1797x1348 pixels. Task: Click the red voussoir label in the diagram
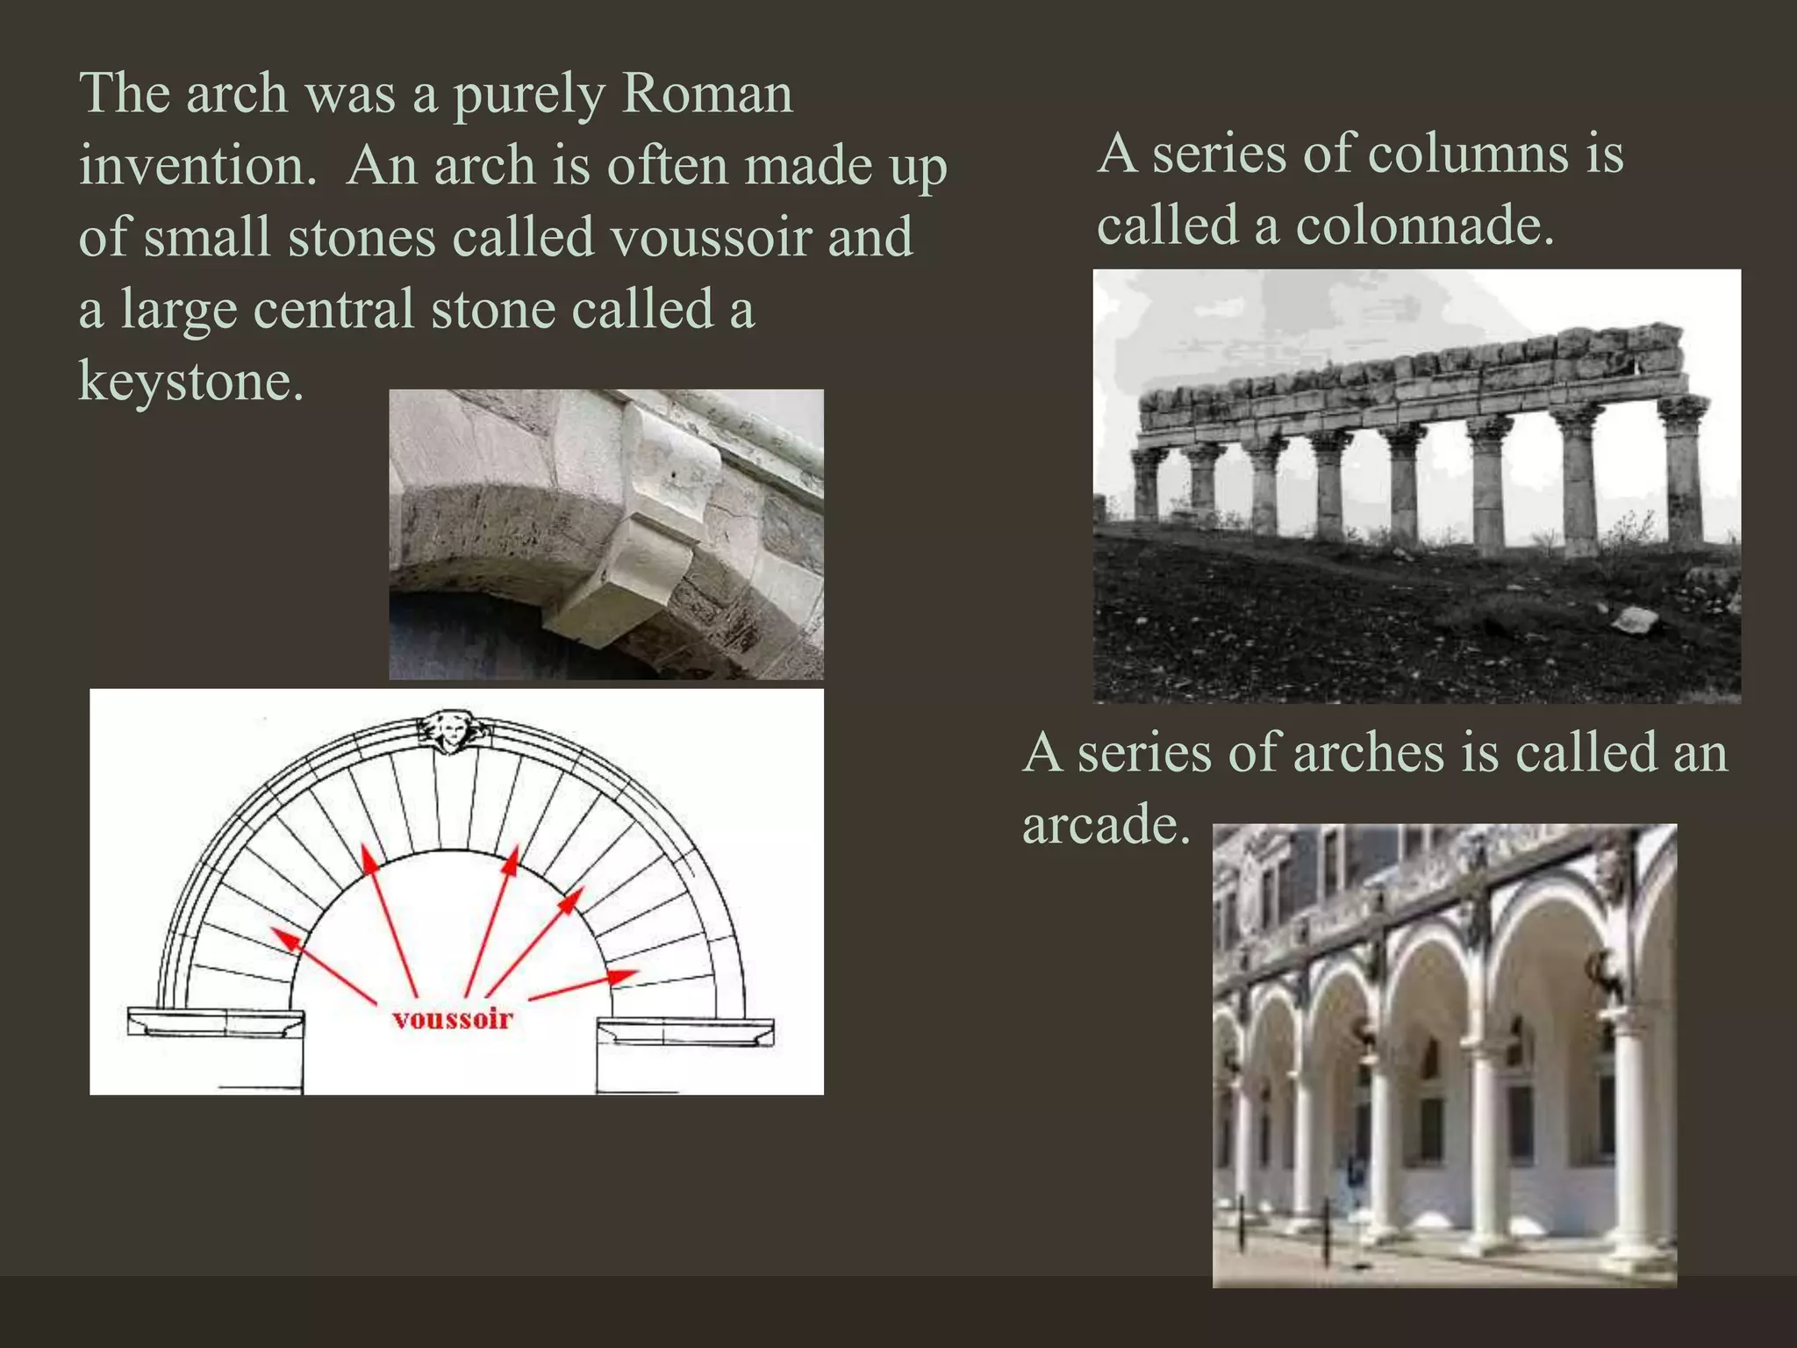click(453, 1019)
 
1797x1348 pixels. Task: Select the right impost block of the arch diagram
click(685, 1031)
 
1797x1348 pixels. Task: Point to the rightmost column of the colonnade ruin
click(1684, 474)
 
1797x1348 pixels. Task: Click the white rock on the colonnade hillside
click(1635, 620)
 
